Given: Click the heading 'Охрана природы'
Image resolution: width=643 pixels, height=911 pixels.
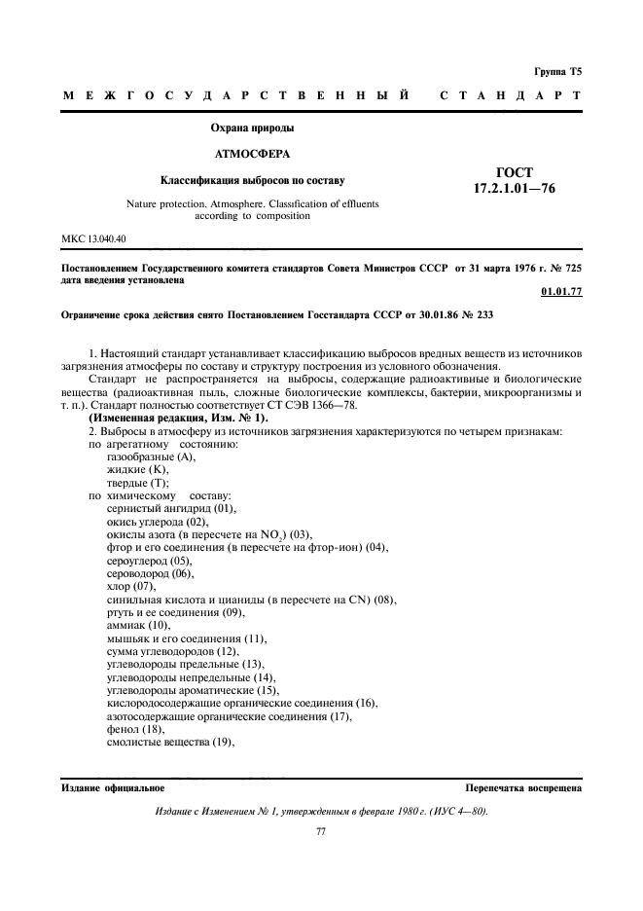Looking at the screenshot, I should [x=252, y=128].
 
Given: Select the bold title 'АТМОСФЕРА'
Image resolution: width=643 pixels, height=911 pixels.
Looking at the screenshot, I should [x=252, y=154].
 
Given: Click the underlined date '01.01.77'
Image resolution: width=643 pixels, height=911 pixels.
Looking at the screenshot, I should [x=559, y=291].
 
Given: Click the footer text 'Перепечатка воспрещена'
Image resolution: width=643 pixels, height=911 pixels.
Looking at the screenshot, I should [x=523, y=787].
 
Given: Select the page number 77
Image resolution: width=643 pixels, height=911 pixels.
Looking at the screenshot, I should [x=321, y=832].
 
